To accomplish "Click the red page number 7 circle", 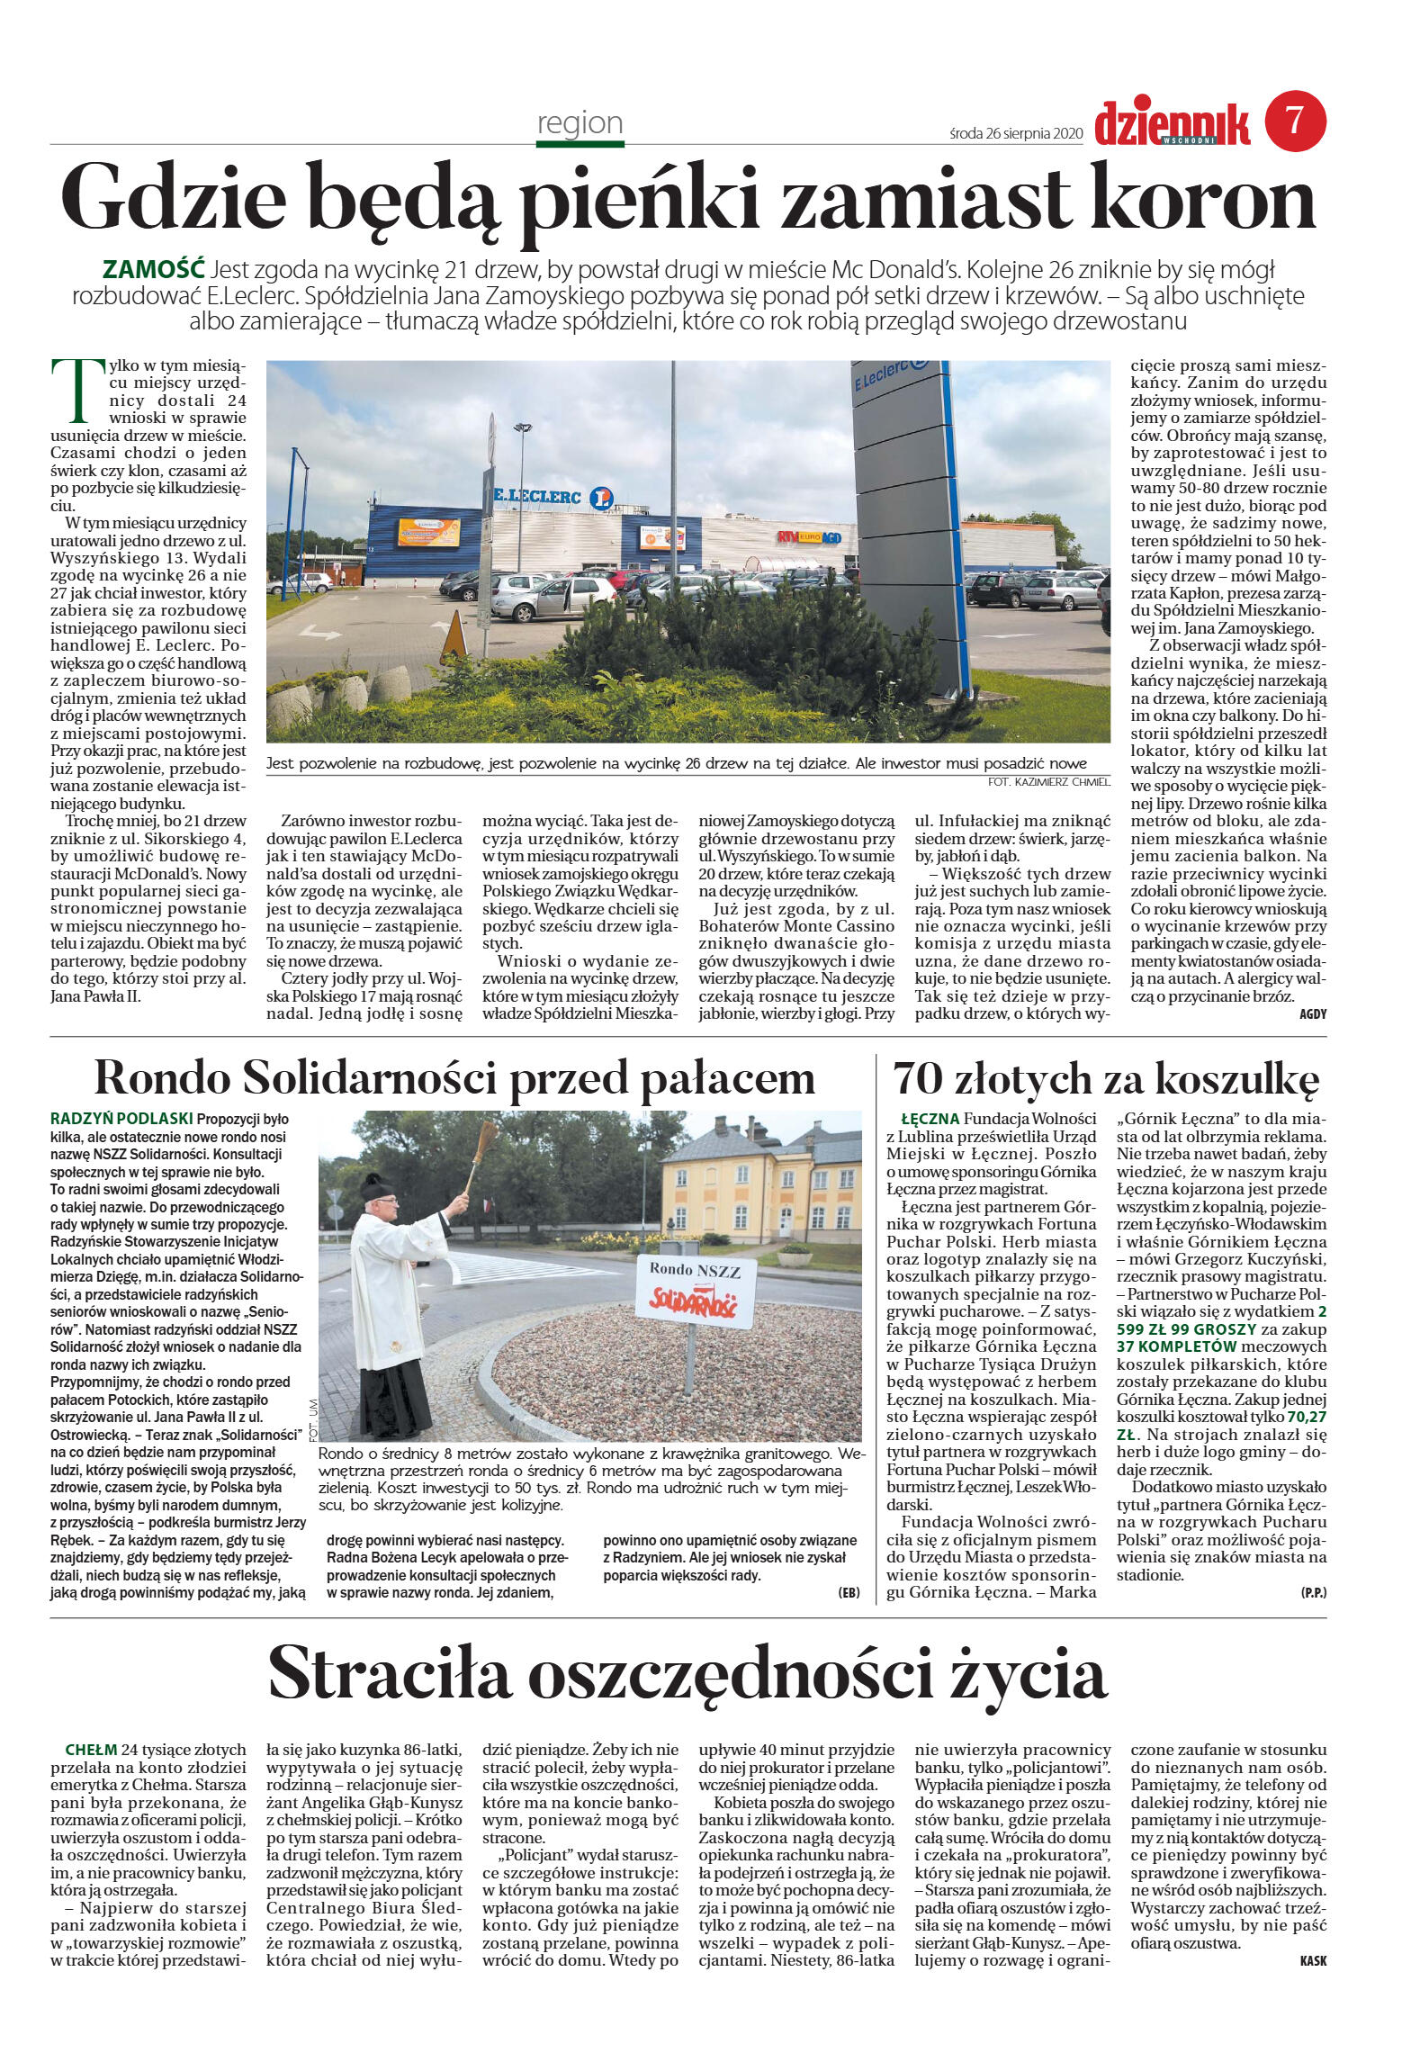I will point(1295,121).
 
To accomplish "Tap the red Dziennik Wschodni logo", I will point(1172,123).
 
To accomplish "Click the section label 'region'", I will point(580,122).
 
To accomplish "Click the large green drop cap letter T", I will point(70,390).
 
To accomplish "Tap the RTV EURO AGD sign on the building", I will point(809,536).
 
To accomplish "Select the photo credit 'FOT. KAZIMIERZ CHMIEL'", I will point(1047,782).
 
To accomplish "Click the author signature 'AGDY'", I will point(1312,1013).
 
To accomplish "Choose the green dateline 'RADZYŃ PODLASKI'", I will point(121,1119).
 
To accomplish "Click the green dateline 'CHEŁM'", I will point(91,1750).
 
